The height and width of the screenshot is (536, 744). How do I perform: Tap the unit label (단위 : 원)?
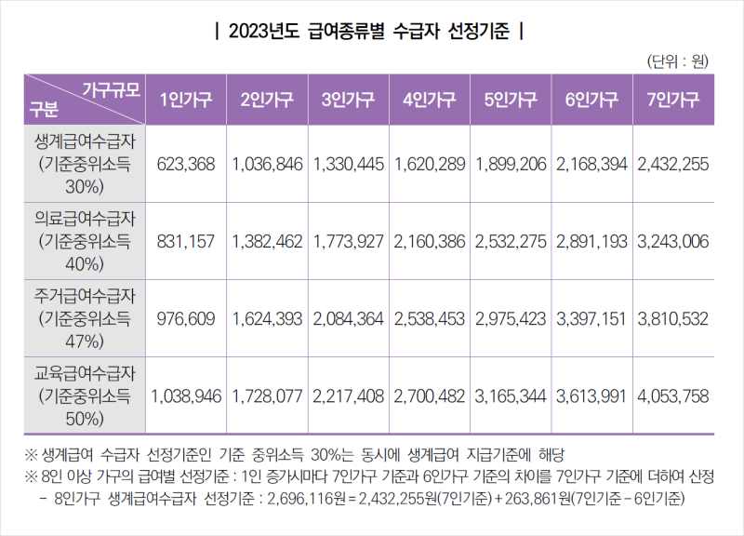click(678, 62)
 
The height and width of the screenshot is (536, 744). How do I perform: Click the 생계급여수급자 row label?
click(85, 142)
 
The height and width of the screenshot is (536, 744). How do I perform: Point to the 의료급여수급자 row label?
click(85, 220)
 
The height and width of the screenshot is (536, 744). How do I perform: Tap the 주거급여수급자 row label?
click(85, 297)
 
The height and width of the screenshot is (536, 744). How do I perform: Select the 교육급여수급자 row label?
click(85, 374)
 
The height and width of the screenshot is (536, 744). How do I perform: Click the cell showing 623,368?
click(186, 165)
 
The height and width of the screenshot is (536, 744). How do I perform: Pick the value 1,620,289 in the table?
click(432, 165)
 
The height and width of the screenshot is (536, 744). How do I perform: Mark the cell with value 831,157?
click(186, 242)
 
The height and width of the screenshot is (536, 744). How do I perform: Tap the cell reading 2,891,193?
click(593, 242)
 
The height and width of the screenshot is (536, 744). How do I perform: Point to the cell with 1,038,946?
click(186, 396)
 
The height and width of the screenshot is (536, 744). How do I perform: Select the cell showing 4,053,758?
click(673, 396)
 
